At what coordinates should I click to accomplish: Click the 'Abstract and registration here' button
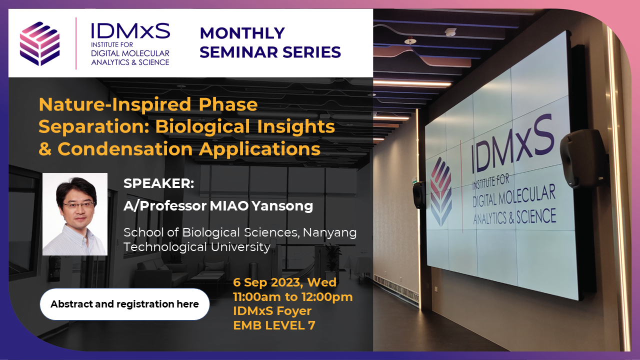124,304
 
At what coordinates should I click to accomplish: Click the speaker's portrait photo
75,214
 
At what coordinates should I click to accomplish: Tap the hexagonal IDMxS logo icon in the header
39,43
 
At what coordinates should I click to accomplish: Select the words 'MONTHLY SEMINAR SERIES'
270,42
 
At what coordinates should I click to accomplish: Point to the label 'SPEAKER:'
158,183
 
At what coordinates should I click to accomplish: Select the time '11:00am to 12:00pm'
292,297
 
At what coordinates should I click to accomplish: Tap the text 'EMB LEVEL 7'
274,325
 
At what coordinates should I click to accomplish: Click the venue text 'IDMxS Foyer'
272,311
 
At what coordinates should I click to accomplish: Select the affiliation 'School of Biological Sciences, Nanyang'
240,232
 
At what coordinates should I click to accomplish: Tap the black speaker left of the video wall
418,194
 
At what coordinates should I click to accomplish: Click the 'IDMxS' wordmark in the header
130,32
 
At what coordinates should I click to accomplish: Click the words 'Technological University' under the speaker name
197,247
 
